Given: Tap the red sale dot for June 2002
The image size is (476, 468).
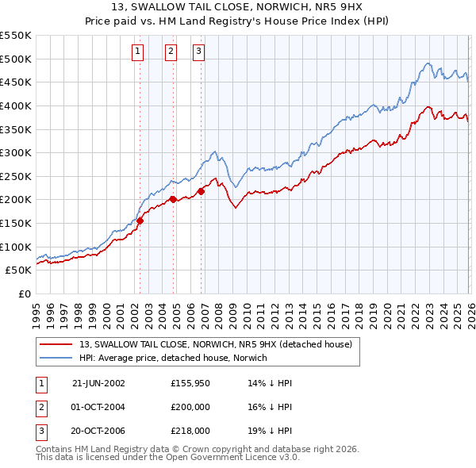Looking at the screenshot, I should point(140,221).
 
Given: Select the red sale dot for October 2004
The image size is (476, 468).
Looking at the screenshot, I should point(173,200).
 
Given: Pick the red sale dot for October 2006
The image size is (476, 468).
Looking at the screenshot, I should point(202,191).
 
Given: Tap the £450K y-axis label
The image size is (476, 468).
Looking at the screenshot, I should point(16,82).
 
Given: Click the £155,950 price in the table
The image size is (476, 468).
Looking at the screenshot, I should point(190,382).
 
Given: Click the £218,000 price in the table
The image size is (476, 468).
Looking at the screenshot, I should point(190,432).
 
